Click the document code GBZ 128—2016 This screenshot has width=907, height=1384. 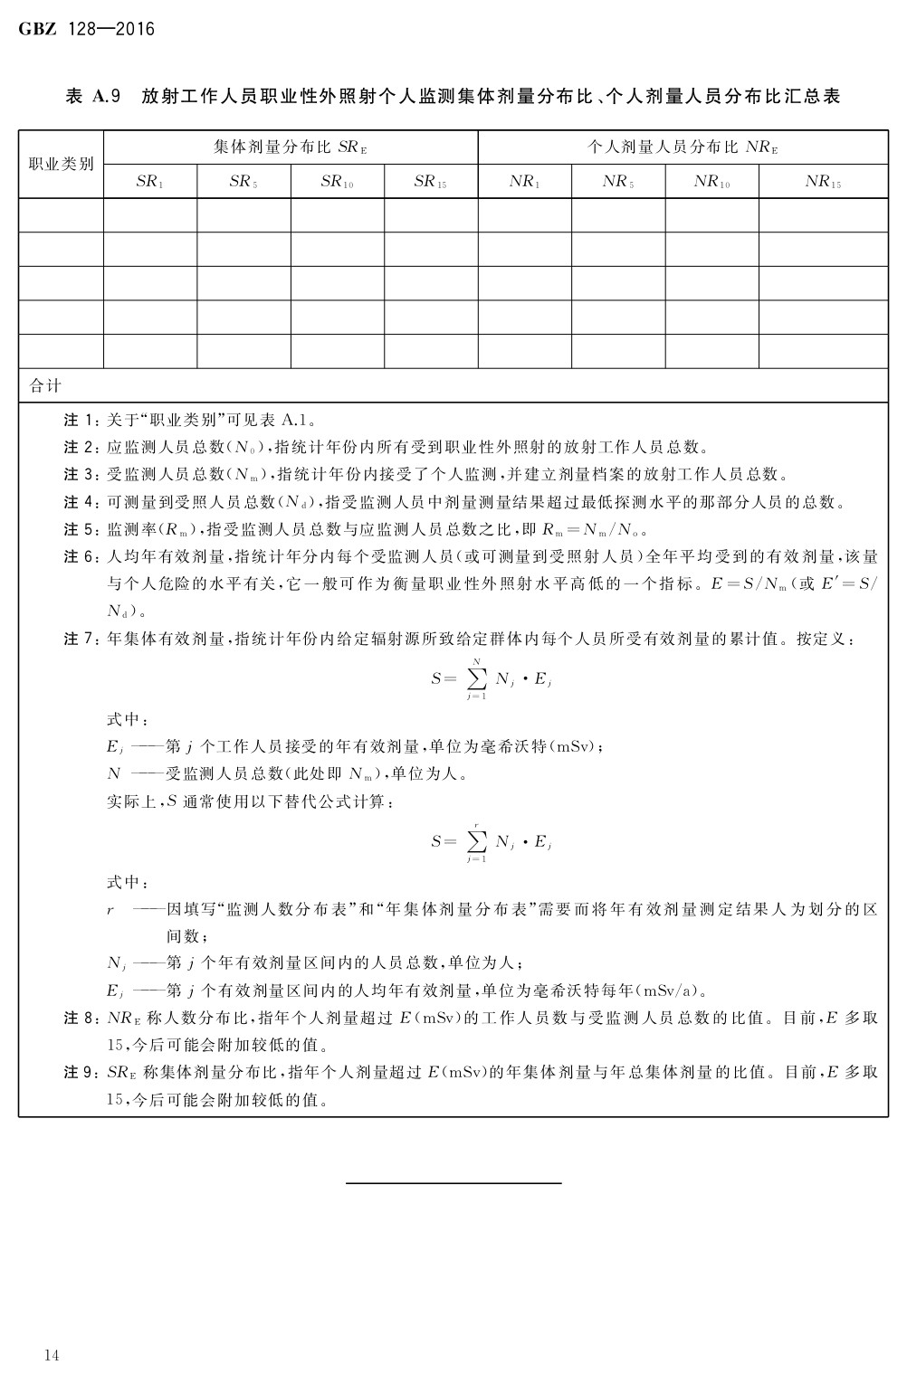coord(87,29)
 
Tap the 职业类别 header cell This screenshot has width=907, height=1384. coord(62,164)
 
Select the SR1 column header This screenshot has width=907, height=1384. coord(150,181)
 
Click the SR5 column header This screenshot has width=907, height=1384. coord(243,181)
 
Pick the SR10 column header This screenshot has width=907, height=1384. coord(337,181)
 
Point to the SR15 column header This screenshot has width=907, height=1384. coord(431,181)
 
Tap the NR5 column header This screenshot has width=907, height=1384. coord(618,181)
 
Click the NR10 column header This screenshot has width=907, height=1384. coord(712,181)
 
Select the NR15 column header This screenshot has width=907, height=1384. coord(823,181)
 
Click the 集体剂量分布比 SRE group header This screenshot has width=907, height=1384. coord(291,147)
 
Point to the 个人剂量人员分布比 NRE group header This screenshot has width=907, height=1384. coord(683,147)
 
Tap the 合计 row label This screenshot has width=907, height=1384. coord(45,385)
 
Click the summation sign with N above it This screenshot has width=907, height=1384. coord(476,678)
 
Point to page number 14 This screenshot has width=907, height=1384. coord(51,1354)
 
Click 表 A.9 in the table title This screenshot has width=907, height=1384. coord(93,96)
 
